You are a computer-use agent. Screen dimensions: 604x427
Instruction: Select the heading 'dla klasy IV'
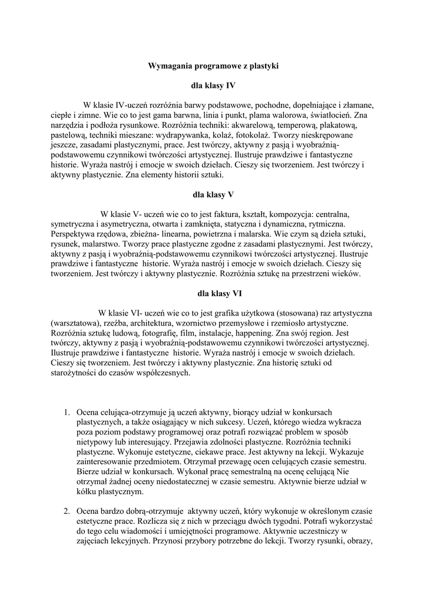[x=213, y=86]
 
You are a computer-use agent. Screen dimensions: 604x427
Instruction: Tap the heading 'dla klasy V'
[x=213, y=193]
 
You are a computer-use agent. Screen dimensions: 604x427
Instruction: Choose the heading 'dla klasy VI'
[x=213, y=293]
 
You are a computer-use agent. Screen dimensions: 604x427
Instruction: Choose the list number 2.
[x=67, y=511]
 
